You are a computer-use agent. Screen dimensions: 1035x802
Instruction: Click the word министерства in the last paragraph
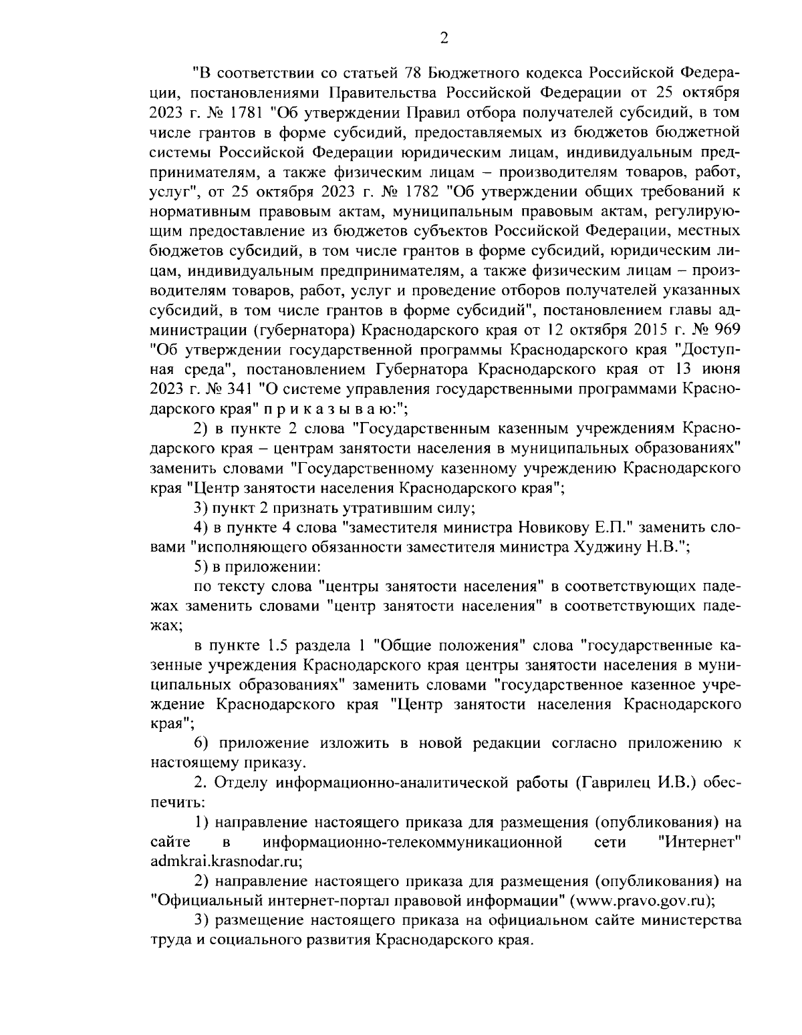pyautogui.click(x=691, y=920)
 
